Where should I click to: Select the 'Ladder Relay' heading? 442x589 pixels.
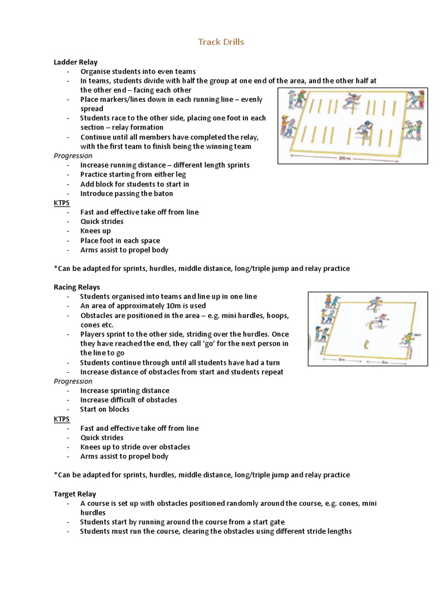click(75, 62)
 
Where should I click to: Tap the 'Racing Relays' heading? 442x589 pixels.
click(77, 287)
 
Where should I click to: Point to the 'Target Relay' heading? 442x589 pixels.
click(75, 494)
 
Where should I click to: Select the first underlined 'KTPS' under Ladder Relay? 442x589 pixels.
click(62, 203)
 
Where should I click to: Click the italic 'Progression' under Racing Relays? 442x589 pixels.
click(73, 381)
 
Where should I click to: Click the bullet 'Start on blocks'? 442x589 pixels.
click(105, 410)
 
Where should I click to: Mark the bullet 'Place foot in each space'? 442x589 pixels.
click(120, 240)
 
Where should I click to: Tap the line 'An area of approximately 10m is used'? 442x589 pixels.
click(142, 306)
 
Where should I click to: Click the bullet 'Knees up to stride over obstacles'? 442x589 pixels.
click(135, 447)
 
